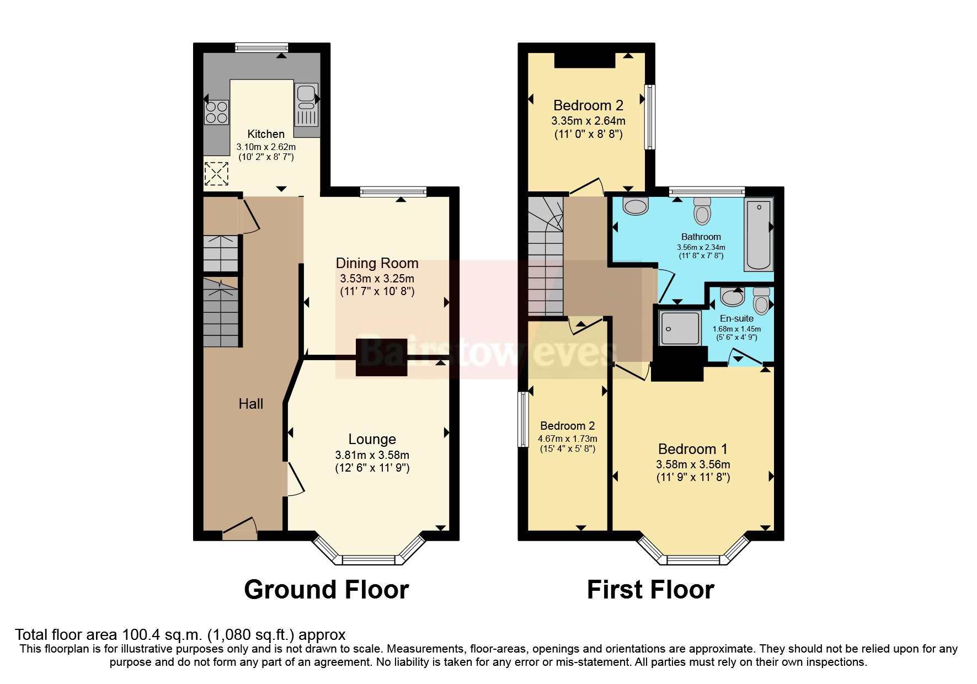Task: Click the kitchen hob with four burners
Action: click(216, 112)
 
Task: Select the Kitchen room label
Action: click(266, 134)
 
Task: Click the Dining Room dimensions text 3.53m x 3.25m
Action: click(377, 279)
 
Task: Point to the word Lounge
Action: click(372, 439)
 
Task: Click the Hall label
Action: click(250, 404)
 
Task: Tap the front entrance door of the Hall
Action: click(240, 530)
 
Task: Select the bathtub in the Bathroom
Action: click(759, 234)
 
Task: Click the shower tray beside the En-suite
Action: click(680, 328)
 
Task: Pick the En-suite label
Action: click(736, 318)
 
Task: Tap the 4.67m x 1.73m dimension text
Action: click(567, 439)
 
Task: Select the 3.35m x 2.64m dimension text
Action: click(588, 120)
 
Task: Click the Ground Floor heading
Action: click(326, 590)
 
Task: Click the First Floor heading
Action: click(650, 590)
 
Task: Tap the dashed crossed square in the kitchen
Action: click(216, 174)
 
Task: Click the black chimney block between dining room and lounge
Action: click(381, 357)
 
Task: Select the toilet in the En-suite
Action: click(761, 301)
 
